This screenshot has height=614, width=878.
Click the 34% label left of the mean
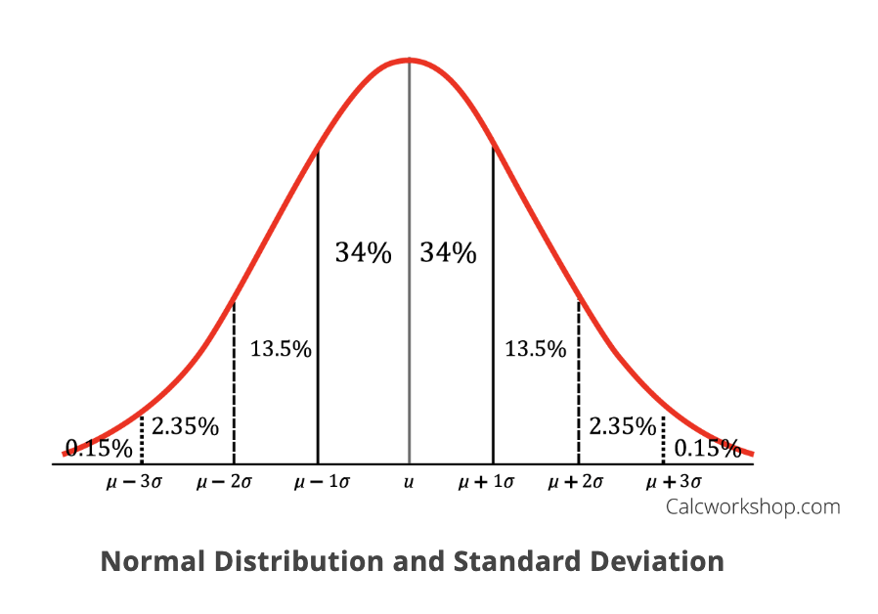pyautogui.click(x=363, y=253)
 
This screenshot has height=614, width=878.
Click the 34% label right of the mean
pyautogui.click(x=449, y=253)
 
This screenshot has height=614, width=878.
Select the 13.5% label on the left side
pyautogui.click(x=281, y=348)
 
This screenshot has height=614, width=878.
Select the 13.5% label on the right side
pyautogui.click(x=535, y=348)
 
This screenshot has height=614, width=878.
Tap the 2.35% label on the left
pyautogui.click(x=185, y=426)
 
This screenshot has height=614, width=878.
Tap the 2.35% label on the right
pyautogui.click(x=623, y=426)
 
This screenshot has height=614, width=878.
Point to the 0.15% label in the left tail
pyautogui.click(x=99, y=449)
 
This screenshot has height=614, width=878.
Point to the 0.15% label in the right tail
pyautogui.click(x=708, y=449)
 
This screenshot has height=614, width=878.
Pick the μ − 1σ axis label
pyautogui.click(x=322, y=482)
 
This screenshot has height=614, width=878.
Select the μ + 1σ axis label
pyautogui.click(x=490, y=482)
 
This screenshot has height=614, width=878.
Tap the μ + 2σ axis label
pyautogui.click(x=576, y=482)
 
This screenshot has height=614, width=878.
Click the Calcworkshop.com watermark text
pyautogui.click(x=752, y=506)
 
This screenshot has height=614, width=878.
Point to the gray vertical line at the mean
pyautogui.click(x=409, y=293)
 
